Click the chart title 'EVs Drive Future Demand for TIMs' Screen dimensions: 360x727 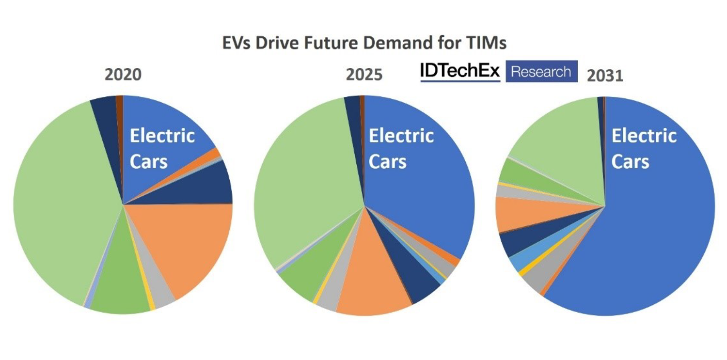pos(364,43)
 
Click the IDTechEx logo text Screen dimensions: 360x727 pos(459,72)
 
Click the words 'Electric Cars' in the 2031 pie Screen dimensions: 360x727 pos(644,148)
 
